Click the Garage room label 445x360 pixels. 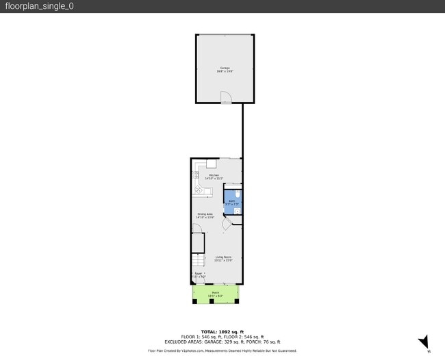coord(225,68)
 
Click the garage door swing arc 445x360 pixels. coord(229,98)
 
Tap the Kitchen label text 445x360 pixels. coord(214,175)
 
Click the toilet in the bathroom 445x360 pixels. coord(237,195)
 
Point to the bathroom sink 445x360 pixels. coord(238,211)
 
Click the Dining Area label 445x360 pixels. coord(205,214)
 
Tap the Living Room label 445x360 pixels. coord(223,257)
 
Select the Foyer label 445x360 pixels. coord(198,273)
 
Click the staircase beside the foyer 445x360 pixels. coord(197,261)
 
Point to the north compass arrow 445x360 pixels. coord(424,342)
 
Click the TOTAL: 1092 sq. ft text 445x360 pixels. coord(222,331)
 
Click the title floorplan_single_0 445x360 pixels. coord(40,6)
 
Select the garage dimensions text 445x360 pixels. coord(225,71)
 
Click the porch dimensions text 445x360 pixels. coord(216,296)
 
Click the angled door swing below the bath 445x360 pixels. coord(228,223)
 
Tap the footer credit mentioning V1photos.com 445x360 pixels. coord(222,350)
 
